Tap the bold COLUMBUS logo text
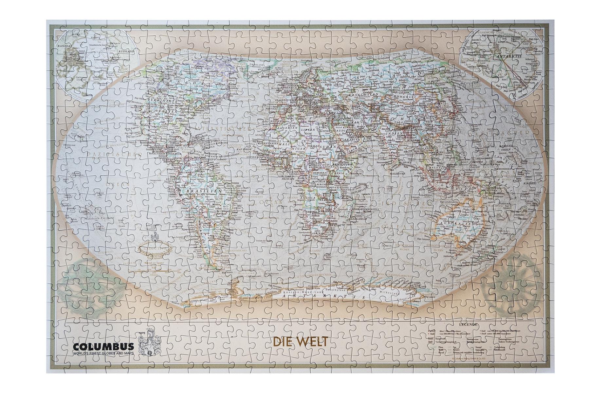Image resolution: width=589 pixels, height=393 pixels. coord(104,346)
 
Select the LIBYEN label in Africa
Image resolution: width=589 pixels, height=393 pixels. coord(308,130)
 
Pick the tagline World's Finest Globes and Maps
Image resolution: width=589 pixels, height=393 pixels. coord(103,353)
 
